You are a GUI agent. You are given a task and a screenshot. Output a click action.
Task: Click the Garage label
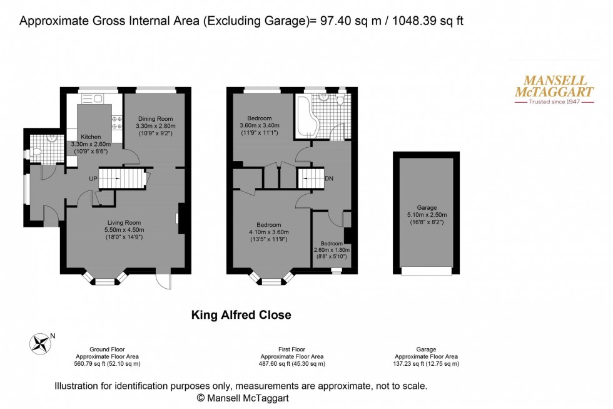[427, 207]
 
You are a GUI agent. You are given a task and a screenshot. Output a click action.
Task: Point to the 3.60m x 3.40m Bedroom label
[259, 125]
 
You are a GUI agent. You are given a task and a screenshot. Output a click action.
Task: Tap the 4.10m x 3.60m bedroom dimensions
[268, 231]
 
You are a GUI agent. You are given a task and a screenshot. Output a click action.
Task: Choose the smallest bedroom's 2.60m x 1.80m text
[332, 250]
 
